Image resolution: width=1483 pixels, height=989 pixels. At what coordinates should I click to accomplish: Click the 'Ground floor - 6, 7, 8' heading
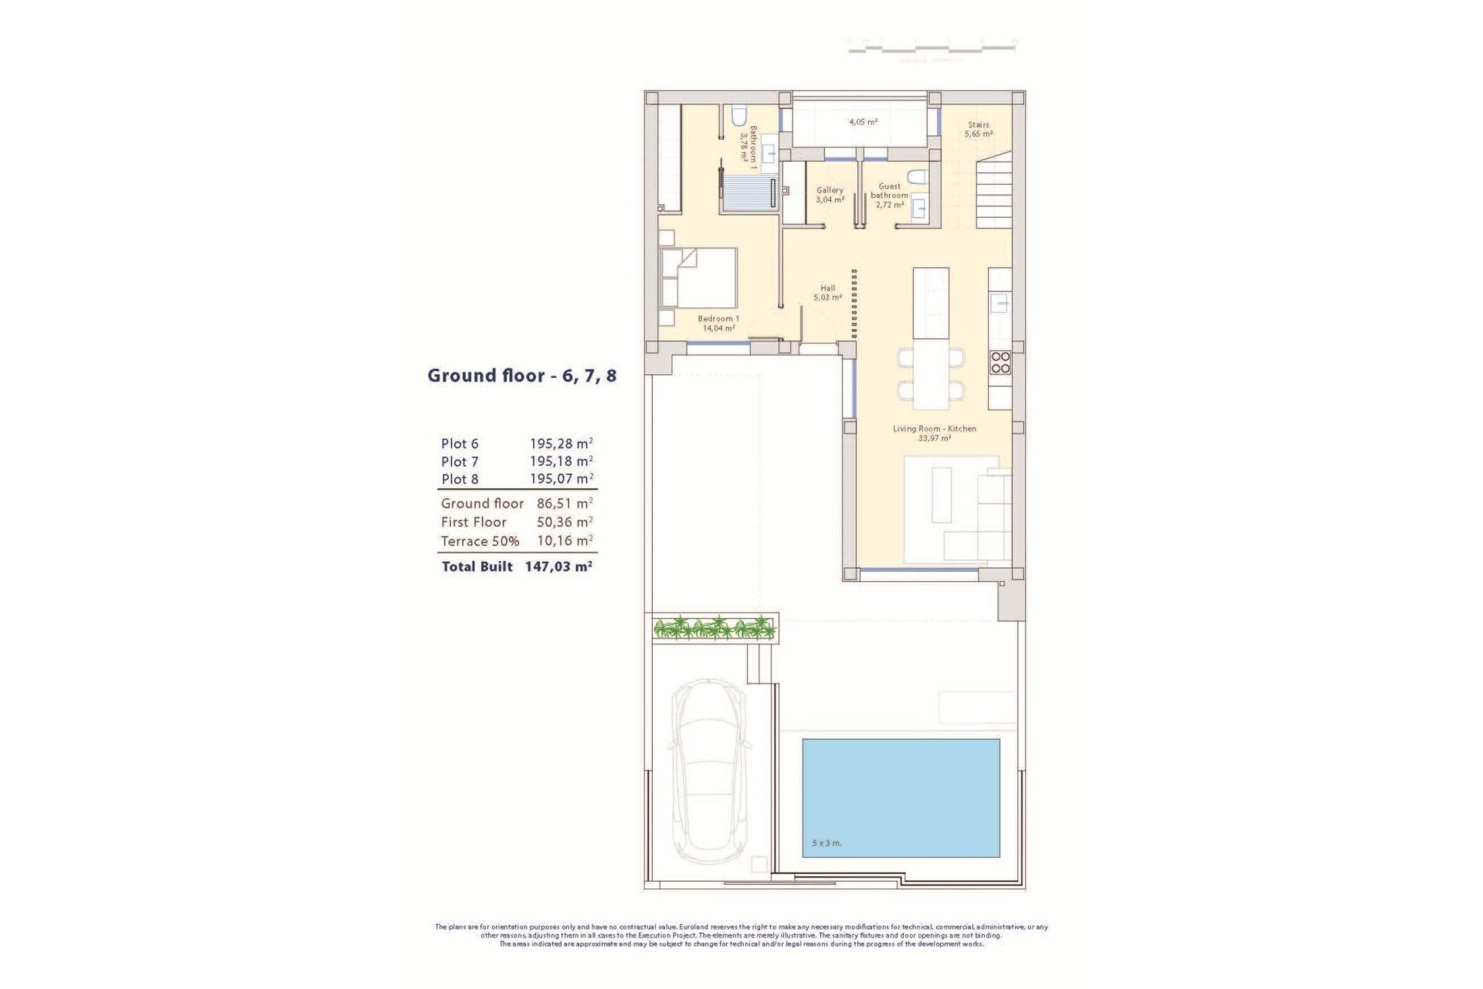click(x=522, y=376)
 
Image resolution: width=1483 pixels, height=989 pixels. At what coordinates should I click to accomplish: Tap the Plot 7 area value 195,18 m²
click(x=561, y=461)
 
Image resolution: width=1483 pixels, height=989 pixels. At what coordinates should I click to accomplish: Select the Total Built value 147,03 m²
click(x=558, y=566)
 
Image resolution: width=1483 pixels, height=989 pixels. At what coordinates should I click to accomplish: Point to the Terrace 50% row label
click(x=480, y=541)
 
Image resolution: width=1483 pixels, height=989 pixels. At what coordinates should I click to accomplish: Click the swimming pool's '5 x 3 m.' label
click(x=826, y=843)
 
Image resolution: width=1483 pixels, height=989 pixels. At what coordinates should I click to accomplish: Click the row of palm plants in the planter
click(x=714, y=627)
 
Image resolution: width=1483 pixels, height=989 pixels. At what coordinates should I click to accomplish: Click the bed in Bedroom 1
click(x=699, y=278)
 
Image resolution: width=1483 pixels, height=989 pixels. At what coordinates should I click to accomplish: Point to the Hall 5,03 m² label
click(x=827, y=292)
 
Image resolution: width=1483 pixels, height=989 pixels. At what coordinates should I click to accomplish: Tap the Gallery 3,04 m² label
click(x=830, y=195)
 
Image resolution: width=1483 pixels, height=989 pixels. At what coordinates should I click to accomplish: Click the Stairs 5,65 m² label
click(x=979, y=129)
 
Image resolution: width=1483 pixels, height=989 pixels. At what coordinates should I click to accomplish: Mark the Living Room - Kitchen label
click(x=935, y=433)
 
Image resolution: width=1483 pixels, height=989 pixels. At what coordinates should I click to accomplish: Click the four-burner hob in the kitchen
click(x=1000, y=362)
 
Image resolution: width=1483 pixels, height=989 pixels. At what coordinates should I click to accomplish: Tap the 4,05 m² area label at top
click(x=863, y=122)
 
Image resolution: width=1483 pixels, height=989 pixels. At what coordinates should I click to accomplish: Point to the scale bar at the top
click(x=932, y=49)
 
